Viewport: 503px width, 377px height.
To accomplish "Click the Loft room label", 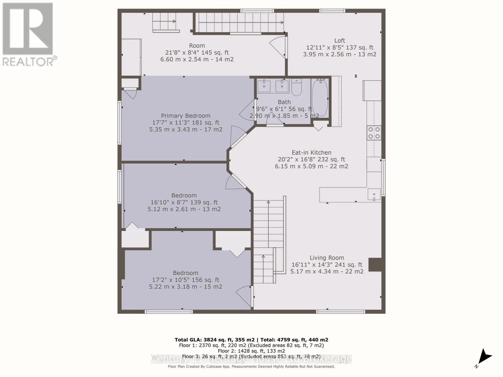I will (340, 41).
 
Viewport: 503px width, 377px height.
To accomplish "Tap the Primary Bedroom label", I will (185, 116).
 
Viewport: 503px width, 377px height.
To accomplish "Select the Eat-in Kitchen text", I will (311, 152).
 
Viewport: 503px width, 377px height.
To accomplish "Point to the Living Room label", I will (327, 258).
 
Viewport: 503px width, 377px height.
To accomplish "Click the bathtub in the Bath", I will (320, 98).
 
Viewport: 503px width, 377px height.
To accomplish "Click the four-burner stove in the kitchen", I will (374, 133).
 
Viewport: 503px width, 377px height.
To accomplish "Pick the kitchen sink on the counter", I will (374, 194).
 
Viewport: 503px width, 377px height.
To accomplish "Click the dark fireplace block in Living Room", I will (375, 265).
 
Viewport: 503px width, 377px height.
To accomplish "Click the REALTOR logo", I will (28, 35).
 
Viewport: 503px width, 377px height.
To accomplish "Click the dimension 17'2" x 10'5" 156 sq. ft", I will (185, 280).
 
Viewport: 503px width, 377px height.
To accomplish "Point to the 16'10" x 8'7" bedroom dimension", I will (184, 202).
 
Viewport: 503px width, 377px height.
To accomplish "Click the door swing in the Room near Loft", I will (278, 46).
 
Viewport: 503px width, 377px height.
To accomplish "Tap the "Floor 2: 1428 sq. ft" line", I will (251, 351).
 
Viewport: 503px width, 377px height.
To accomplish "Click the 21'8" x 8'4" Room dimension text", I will (197, 52).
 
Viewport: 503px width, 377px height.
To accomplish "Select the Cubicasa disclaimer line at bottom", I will (251, 366).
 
